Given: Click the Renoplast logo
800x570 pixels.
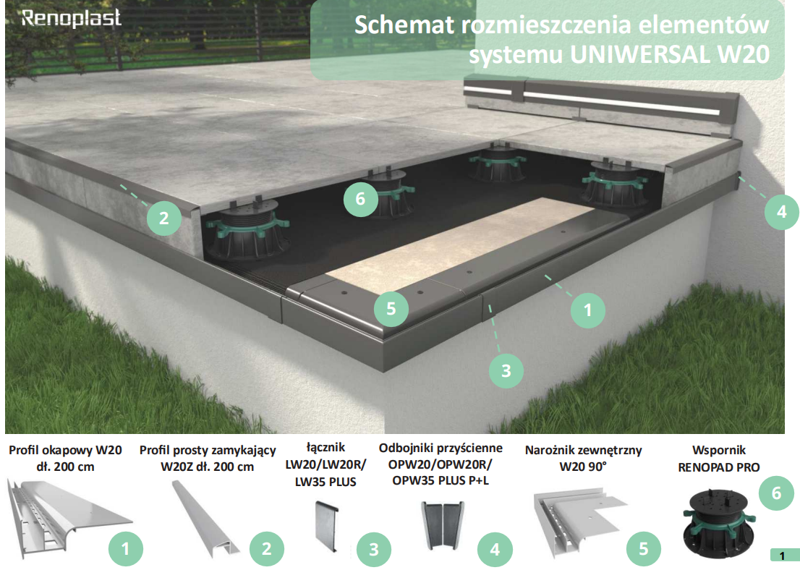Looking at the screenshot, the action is pos(72,18).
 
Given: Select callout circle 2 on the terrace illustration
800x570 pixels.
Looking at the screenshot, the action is pos(163,218).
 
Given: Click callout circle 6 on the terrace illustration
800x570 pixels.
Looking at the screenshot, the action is pos(361,199).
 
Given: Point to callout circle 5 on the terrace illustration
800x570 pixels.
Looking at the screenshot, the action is pos(391,309).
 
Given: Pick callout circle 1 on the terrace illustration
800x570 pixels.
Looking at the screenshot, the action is pos(588,310).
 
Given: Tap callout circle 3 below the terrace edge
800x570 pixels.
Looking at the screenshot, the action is pos(506,371).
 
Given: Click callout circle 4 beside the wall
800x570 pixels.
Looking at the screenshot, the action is pos(782,212).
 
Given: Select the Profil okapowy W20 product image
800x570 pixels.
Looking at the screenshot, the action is pos(69,518).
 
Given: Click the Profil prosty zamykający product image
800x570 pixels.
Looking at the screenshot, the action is pos(205,519).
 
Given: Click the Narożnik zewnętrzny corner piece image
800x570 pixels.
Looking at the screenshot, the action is pos(579,523).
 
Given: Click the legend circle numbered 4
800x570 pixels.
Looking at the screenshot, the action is pos(494,549).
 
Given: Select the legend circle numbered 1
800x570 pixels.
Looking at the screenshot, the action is pos(126,549).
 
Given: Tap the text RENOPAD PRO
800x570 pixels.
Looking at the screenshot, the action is pos(718,467).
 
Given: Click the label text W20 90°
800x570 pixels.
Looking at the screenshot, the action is pos(583,467).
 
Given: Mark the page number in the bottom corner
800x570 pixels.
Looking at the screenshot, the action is pos(782,556).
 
